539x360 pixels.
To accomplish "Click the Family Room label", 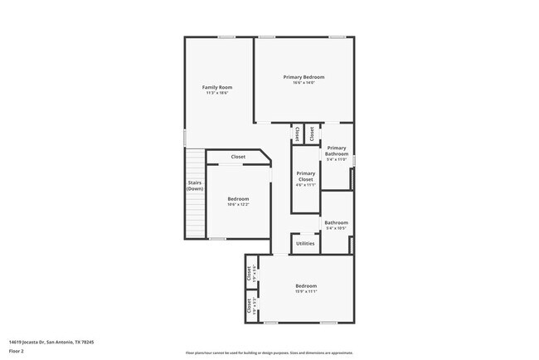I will (217, 87).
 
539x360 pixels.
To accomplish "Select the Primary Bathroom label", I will (337, 151).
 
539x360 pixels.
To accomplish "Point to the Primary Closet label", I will (306, 177).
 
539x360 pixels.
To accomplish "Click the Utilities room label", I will (305, 243).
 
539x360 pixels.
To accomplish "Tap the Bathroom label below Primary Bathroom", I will (336, 222).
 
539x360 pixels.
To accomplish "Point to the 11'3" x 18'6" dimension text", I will (217, 93).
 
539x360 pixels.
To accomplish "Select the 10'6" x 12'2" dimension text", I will (238, 205).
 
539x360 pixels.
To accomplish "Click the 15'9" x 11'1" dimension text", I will (306, 292).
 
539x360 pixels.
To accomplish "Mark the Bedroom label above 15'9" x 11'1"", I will (306, 286).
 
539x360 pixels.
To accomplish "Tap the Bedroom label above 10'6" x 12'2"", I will (238, 199).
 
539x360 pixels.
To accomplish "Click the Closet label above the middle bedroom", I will (238, 157).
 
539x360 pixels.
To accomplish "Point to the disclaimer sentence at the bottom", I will (269, 353).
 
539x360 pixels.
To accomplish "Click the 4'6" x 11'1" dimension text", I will (306, 185).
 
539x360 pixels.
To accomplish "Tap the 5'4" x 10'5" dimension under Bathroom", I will (336, 228).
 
